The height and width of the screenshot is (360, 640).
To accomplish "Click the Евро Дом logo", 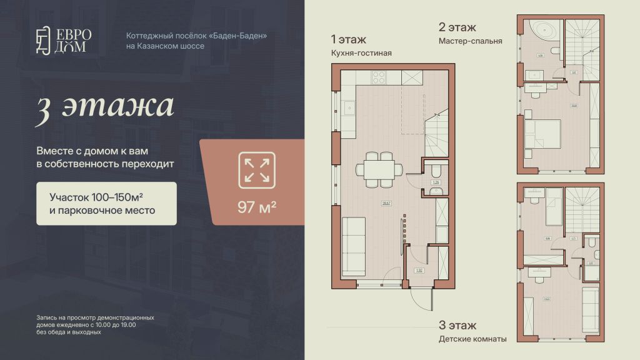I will coord(63,41).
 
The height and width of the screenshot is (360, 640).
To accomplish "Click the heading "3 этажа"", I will coord(104,106).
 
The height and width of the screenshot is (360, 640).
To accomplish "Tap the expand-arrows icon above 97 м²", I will coord(257,170).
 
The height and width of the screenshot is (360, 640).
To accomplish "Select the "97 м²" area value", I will coord(257,207).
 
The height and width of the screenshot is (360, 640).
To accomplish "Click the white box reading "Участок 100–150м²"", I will coord(106,203).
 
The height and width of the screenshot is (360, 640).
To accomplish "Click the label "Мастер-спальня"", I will coord(471,41).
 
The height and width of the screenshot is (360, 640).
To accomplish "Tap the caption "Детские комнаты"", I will coord(473,339).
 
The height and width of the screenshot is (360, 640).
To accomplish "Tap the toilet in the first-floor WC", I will coord(436,170).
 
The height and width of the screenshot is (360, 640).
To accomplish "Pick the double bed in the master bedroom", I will coord(542,135).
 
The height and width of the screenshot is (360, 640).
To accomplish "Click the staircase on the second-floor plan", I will coord(583,42).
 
